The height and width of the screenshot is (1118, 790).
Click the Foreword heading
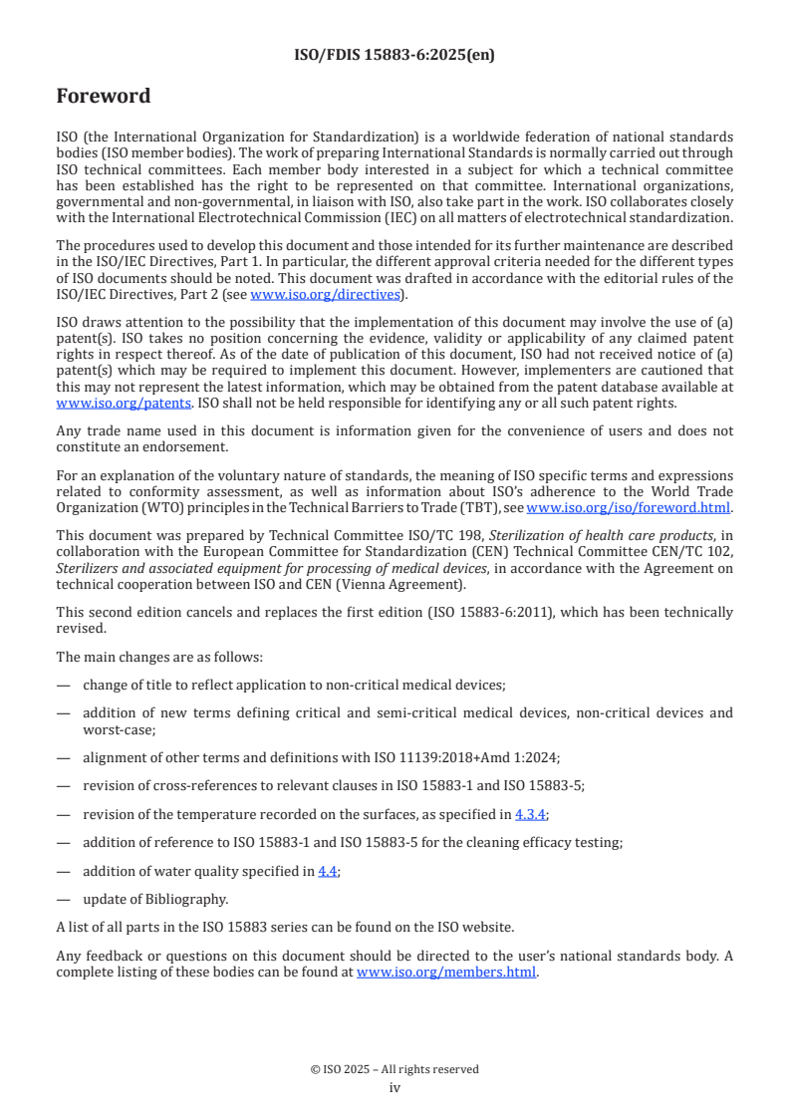pos(104,97)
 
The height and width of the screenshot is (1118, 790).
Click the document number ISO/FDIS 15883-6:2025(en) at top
pos(395,55)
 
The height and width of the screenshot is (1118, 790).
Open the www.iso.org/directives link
pos(325,294)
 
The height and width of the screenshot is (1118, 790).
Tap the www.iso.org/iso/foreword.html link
pos(628,507)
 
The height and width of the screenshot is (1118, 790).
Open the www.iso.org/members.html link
pos(446,973)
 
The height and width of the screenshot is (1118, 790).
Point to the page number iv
pos(395,1087)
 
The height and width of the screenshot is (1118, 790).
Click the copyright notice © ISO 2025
pos(395,1069)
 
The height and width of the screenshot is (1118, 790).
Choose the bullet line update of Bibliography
pos(155,899)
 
